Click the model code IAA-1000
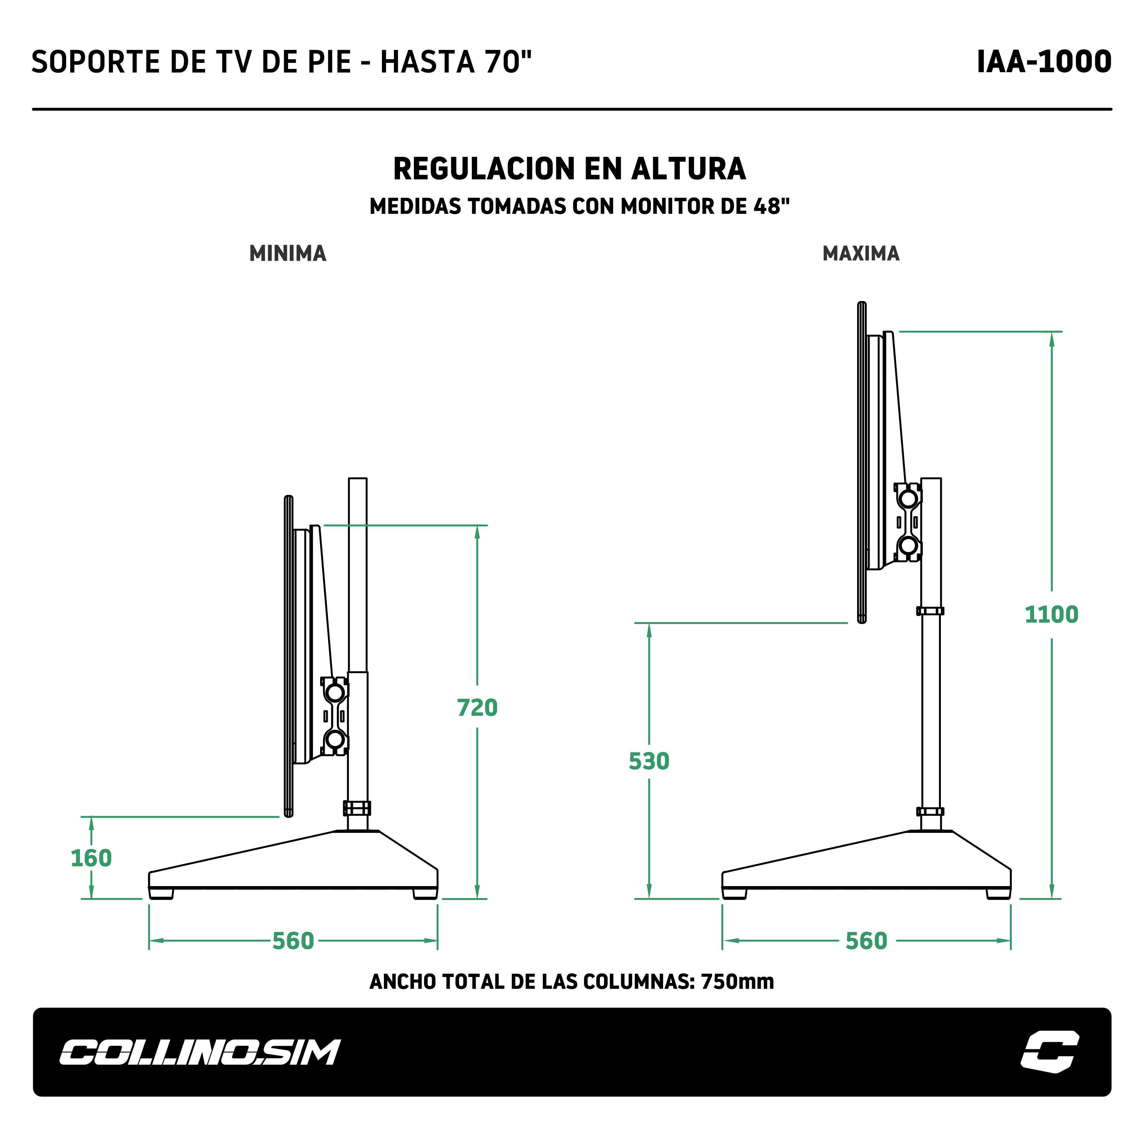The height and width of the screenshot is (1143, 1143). (1044, 62)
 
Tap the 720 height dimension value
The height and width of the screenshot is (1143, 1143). (477, 708)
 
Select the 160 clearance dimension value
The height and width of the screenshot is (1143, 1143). (91, 858)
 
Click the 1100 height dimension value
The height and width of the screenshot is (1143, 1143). (1051, 615)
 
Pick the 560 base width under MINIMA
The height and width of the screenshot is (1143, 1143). (293, 941)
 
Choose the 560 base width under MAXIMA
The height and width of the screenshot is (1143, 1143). (866, 941)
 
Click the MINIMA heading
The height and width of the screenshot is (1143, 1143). (288, 253)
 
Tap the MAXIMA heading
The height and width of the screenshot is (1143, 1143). (861, 253)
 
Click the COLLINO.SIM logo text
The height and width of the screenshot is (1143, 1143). (200, 1052)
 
